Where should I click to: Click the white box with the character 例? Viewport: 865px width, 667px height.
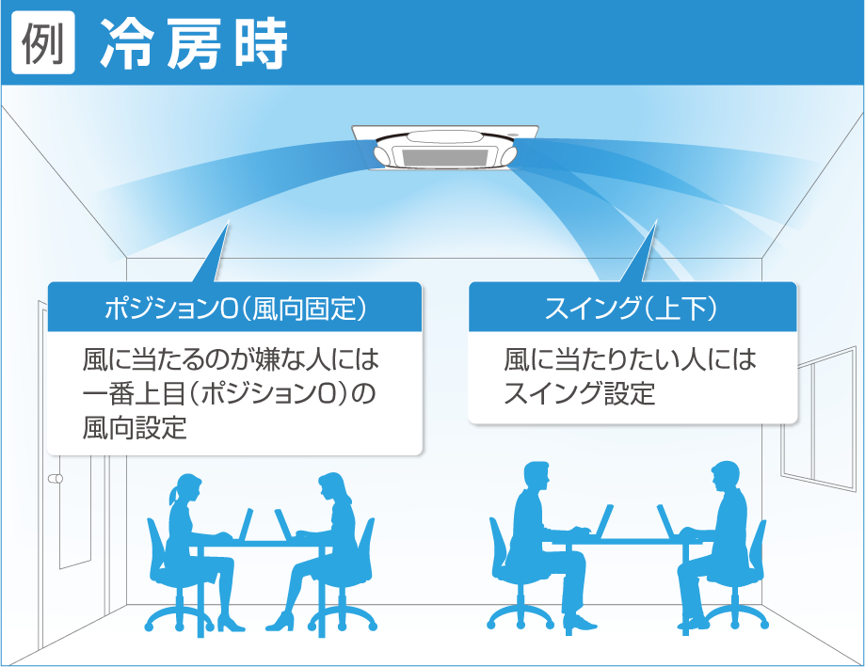coord(43,43)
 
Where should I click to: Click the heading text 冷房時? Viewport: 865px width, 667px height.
coord(194,44)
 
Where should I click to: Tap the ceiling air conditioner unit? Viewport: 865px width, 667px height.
coord(445,147)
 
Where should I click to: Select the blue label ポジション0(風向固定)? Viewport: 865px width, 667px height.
coord(235,308)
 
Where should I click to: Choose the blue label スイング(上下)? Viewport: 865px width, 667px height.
coord(633,308)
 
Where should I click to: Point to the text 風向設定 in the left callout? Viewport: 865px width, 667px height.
coord(135,428)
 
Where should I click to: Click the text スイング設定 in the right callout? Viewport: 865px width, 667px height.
coord(579,393)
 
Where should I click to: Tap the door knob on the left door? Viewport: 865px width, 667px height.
coord(56,479)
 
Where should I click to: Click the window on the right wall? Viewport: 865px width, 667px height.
coord(818,419)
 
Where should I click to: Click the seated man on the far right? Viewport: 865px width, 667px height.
coord(717,546)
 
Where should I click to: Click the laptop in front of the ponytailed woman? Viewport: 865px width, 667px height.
coord(245,525)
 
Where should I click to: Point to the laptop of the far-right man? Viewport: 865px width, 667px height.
coord(666,521)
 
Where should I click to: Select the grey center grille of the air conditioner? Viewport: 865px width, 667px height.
coord(445,157)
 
